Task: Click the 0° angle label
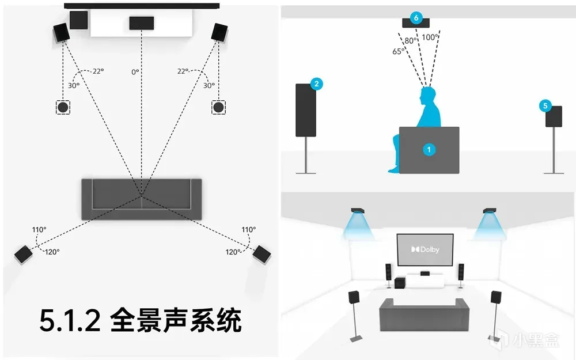pyautogui.click(x=135, y=72)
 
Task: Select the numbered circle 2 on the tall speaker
pyautogui.click(x=316, y=84)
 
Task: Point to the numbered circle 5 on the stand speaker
pyautogui.click(x=546, y=105)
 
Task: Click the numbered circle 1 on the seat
pyautogui.click(x=428, y=149)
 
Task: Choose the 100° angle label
pyautogui.click(x=430, y=37)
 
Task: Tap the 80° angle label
pyautogui.click(x=410, y=41)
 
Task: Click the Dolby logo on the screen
pyautogui.click(x=425, y=249)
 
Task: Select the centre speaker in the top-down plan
pyautogui.click(x=141, y=23)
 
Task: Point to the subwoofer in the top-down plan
pyautogui.click(x=78, y=20)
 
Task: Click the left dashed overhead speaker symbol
pyautogui.click(x=63, y=107)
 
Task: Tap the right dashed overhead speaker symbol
pyautogui.click(x=218, y=107)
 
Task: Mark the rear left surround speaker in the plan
pyautogui.click(x=24, y=254)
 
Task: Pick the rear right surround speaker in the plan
pyautogui.click(x=261, y=253)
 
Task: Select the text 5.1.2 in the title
pyautogui.click(x=70, y=320)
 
